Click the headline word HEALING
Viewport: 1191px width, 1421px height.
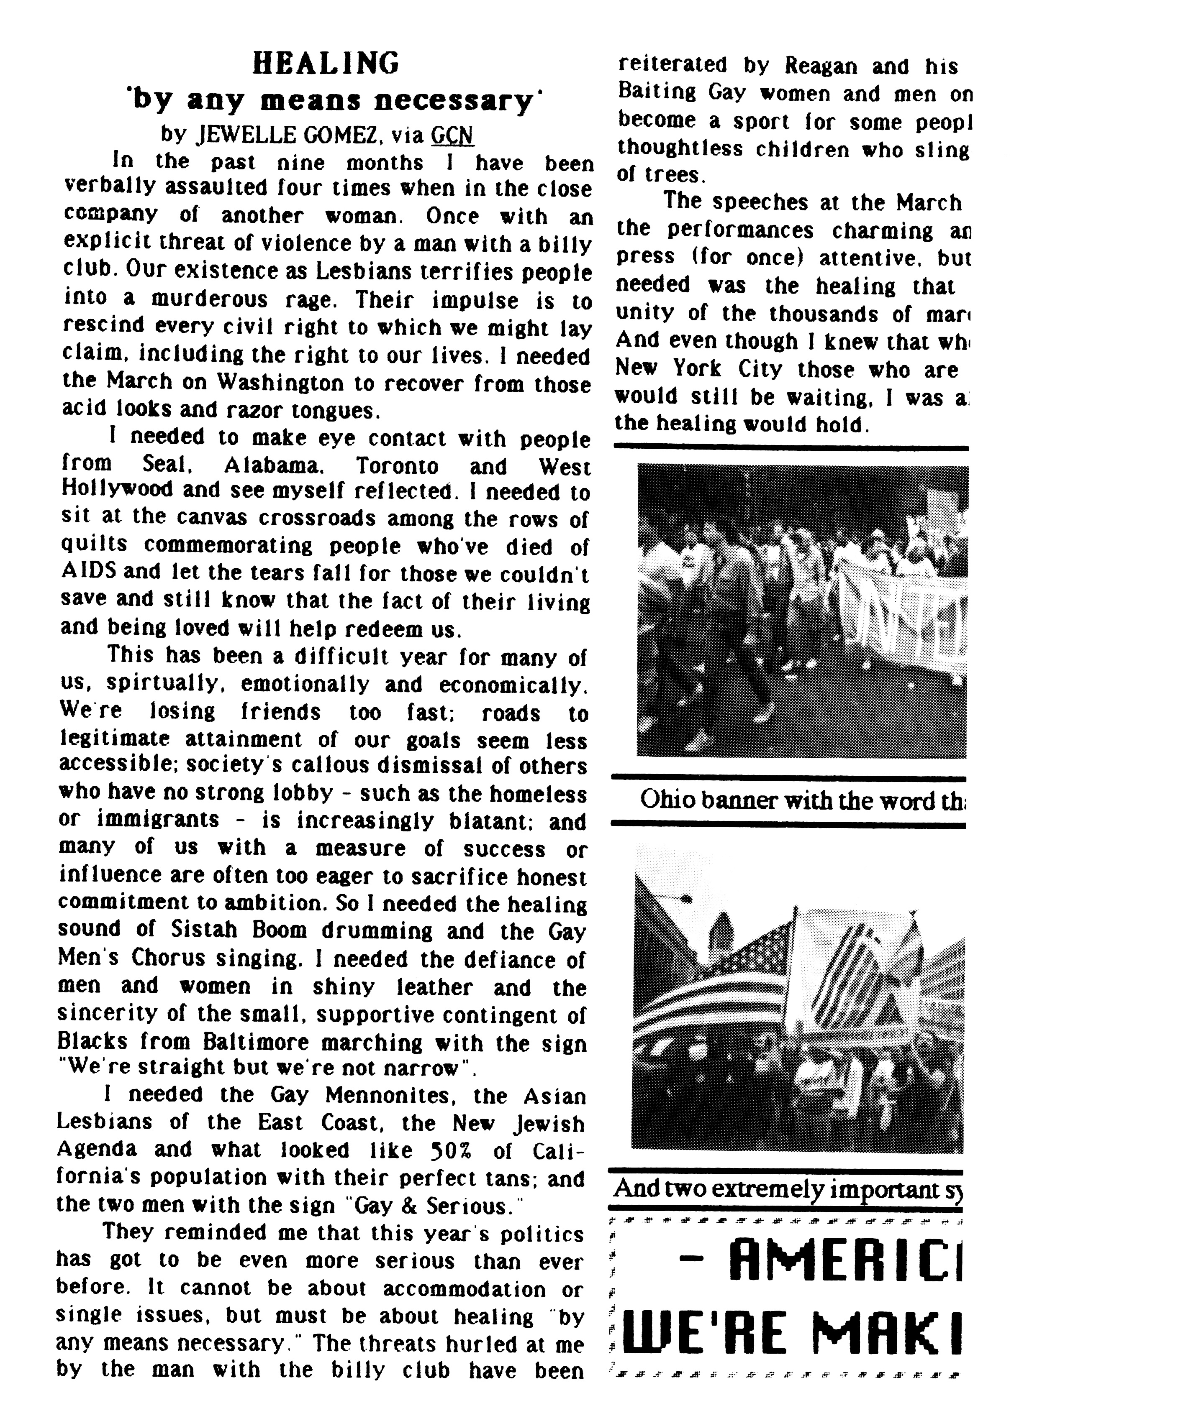click(326, 64)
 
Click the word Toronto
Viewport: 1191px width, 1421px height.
click(398, 466)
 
